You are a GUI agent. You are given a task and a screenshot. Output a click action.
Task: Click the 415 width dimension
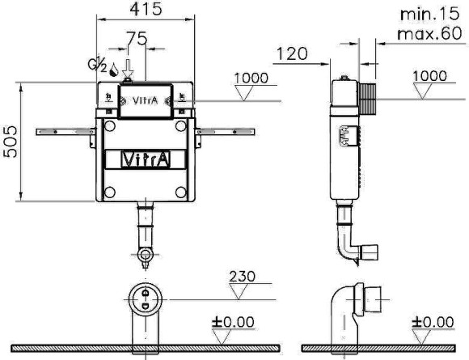[146, 10]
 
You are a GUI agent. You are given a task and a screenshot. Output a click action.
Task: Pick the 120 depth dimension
[291, 54]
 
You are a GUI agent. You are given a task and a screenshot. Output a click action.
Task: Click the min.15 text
[428, 14]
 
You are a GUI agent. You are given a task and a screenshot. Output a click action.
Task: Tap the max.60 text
[428, 33]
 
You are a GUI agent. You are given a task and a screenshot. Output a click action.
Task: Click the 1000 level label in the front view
[251, 78]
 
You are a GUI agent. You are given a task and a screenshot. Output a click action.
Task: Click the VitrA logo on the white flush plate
[146, 102]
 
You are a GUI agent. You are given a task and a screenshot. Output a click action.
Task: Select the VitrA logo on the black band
[146, 159]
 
